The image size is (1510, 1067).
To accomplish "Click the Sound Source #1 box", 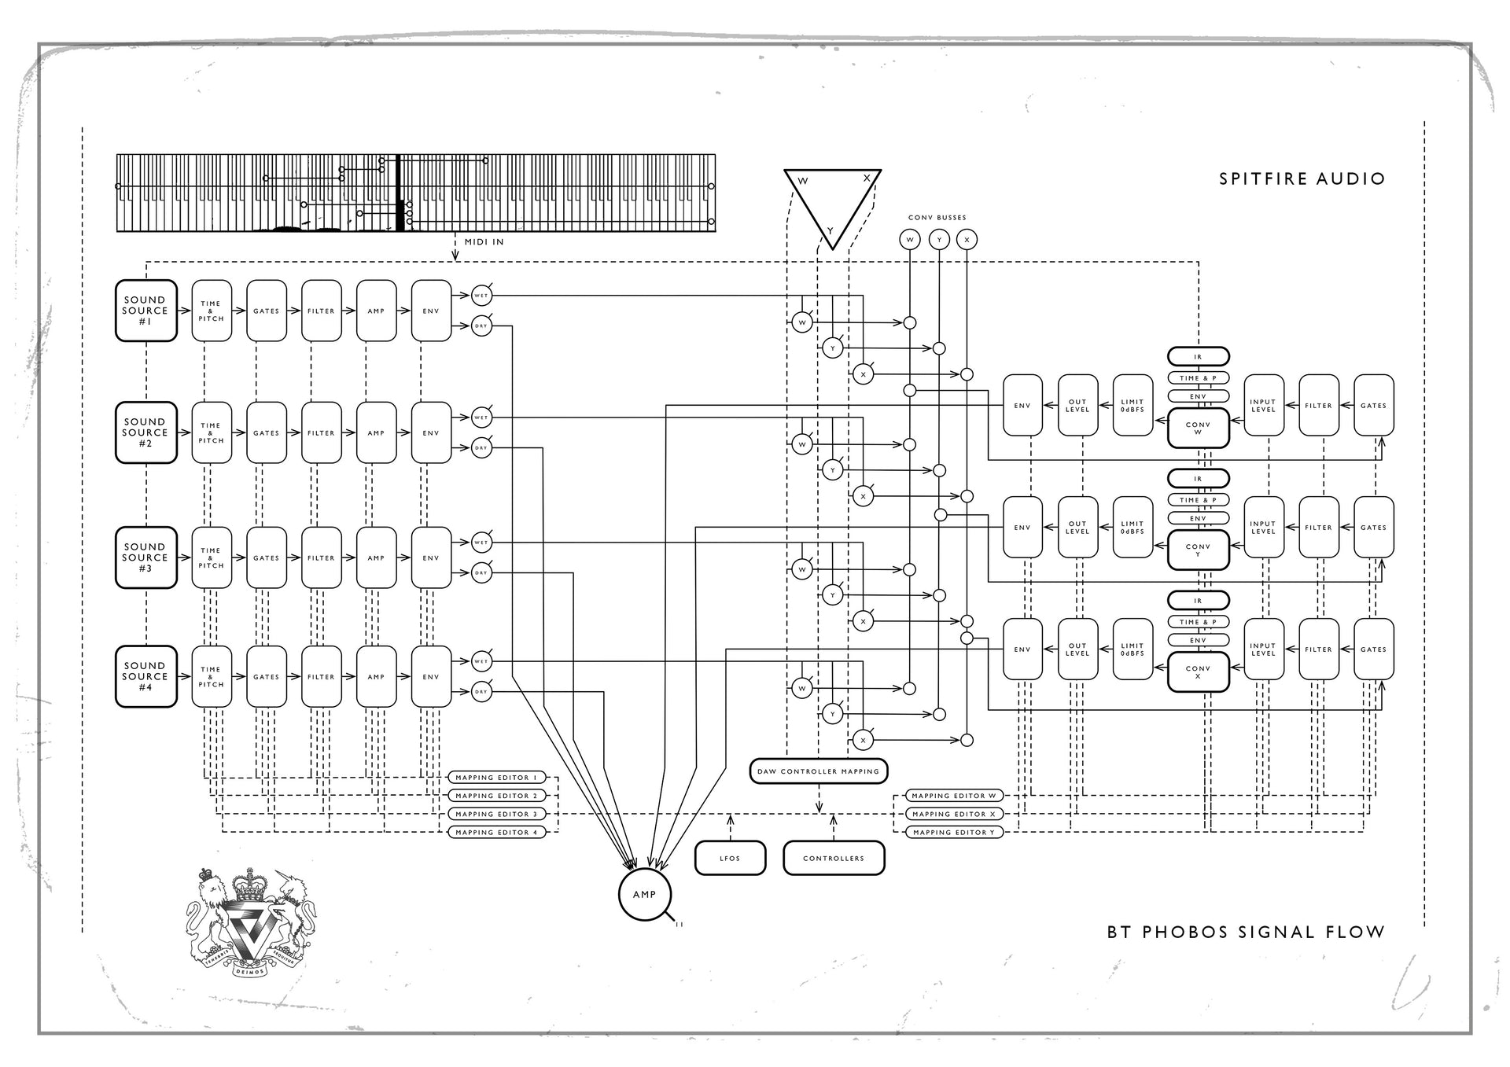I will (x=145, y=311).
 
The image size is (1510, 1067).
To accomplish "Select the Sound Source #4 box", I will (x=145, y=676).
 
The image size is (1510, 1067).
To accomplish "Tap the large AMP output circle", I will (x=644, y=894).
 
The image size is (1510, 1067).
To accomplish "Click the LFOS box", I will (x=730, y=858).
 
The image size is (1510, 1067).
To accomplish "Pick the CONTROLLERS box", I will (x=834, y=858).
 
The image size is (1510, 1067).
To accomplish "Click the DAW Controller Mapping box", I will (x=818, y=771).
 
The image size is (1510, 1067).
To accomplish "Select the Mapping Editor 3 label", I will (x=496, y=814).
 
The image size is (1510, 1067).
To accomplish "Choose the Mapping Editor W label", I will (x=953, y=796).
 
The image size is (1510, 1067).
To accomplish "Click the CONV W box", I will (x=1198, y=429).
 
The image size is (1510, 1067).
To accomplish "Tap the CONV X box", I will (x=1198, y=672).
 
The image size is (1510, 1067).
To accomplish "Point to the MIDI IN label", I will (x=484, y=242).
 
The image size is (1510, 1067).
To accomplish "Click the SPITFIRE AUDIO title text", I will (x=1302, y=179).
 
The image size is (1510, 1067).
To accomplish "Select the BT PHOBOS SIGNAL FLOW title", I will (x=1245, y=933).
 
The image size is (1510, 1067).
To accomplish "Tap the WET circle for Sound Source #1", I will (x=481, y=296).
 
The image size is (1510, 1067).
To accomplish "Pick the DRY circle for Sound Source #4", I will (x=481, y=692).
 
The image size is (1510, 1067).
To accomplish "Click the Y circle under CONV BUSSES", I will (x=938, y=240).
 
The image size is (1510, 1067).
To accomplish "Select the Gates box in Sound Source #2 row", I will (x=266, y=433).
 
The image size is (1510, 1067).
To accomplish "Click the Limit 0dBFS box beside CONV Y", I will (x=1132, y=528).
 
